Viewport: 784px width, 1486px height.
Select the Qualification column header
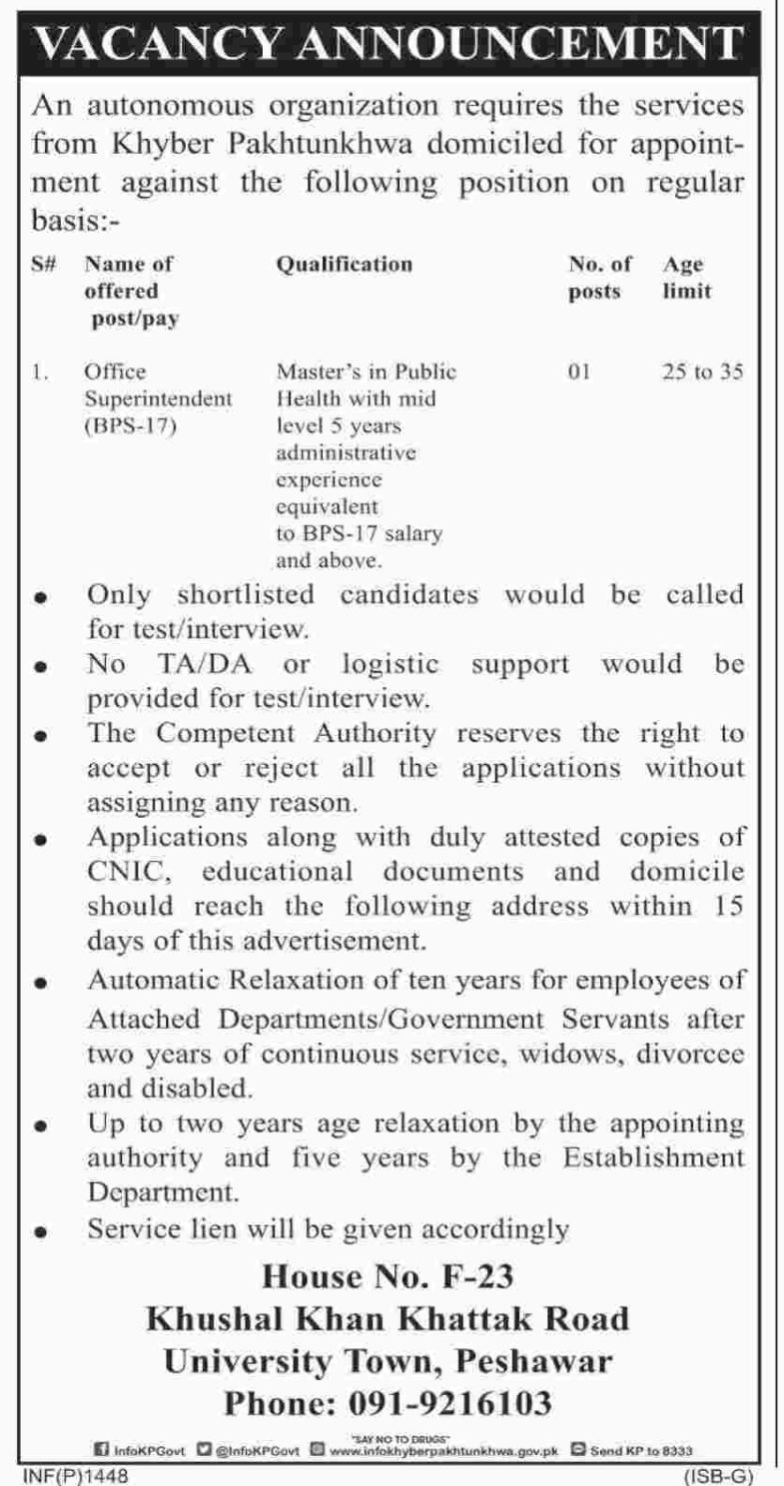(343, 265)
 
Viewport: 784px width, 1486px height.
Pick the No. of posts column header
(599, 279)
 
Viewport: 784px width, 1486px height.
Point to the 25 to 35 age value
(702, 372)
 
